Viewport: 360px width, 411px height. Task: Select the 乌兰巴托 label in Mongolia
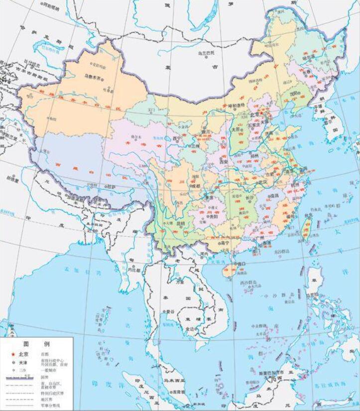tap(206, 52)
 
